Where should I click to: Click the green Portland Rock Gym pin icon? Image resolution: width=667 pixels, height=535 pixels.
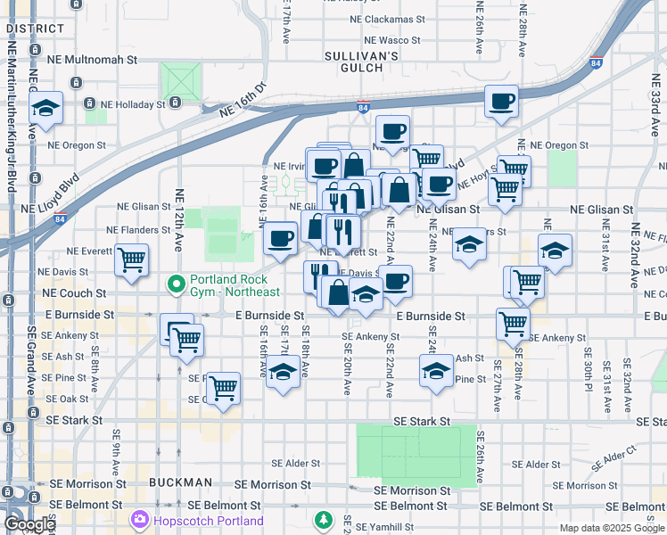(x=177, y=284)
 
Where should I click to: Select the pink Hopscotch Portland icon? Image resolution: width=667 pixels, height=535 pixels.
(x=140, y=519)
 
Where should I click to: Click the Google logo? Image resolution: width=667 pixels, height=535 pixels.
(x=29, y=524)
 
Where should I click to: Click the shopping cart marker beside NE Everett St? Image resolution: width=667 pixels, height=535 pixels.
(x=132, y=261)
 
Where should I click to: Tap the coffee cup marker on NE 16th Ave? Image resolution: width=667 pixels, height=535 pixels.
(x=281, y=239)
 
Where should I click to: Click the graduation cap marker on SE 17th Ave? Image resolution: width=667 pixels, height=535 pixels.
(x=283, y=373)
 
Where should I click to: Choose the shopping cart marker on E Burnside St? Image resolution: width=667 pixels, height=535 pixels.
(x=513, y=324)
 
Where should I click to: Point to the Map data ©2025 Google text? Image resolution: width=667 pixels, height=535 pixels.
(x=612, y=528)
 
